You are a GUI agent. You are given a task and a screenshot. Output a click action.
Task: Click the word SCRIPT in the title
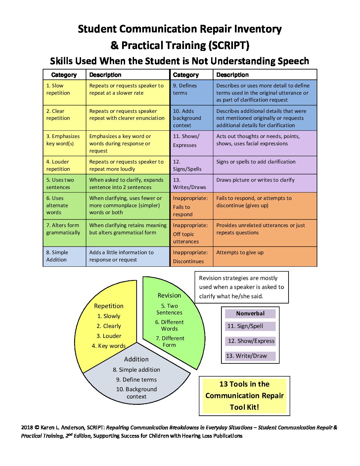coord(229,45)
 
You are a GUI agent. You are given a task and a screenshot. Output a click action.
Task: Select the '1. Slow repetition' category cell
coord(65,92)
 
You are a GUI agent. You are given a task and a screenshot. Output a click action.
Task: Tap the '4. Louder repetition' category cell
coord(65,165)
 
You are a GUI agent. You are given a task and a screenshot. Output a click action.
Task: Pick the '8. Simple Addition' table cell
coord(65,256)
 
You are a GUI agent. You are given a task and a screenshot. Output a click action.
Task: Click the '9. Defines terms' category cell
coord(192,92)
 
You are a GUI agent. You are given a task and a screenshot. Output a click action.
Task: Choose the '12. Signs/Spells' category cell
coord(192,165)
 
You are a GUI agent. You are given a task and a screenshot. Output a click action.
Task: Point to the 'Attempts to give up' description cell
coord(265,256)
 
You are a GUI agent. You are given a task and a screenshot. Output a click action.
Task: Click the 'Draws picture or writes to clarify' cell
coord(265,183)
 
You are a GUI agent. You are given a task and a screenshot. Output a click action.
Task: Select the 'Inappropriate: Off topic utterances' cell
coord(192,233)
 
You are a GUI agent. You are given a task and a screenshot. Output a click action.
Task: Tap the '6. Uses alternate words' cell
coord(65,206)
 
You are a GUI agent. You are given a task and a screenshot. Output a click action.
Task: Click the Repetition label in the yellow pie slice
coord(109,306)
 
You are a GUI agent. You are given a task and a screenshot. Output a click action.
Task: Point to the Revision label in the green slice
coord(169,295)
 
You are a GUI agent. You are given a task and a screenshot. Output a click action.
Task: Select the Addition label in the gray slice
coord(136,359)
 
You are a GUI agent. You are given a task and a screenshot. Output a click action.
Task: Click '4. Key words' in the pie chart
coord(109,346)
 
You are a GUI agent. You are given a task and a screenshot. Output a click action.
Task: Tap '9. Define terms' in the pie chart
coord(136,380)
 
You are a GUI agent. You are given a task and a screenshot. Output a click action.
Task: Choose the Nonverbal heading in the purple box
coord(250,313)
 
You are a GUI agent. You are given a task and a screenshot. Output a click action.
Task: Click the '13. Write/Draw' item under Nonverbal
coord(247,356)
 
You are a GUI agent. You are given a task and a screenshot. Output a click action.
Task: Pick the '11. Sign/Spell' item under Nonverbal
coord(245,326)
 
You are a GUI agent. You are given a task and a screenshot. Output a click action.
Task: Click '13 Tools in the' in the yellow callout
coord(244,384)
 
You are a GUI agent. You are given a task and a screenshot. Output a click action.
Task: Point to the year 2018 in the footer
coord(27,428)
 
